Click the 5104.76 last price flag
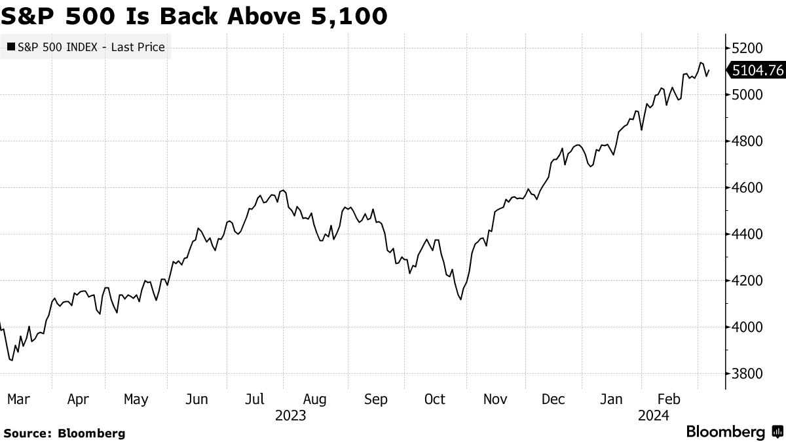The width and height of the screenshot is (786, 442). [757, 71]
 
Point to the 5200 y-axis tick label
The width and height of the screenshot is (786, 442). [747, 48]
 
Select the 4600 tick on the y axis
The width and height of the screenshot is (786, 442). [747, 188]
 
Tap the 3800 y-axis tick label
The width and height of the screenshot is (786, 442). [747, 374]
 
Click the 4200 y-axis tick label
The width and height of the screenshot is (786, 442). [747, 281]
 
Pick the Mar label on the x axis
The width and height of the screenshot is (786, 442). [18, 399]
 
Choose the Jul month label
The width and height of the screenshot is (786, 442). [254, 399]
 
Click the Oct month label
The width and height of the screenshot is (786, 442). [434, 399]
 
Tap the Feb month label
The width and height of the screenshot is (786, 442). [669, 399]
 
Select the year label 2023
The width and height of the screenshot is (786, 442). [291, 416]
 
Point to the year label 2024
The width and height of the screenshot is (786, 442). [654, 416]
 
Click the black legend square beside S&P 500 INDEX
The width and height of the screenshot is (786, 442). [11, 46]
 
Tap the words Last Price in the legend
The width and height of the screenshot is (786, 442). [138, 47]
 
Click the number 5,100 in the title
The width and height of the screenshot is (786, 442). [348, 16]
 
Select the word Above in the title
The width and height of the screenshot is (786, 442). [264, 16]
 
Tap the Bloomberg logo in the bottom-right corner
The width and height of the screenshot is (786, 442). [734, 432]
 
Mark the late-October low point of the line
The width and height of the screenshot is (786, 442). [460, 299]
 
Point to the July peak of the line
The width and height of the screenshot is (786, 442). [283, 191]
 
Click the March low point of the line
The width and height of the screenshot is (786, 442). [12, 360]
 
